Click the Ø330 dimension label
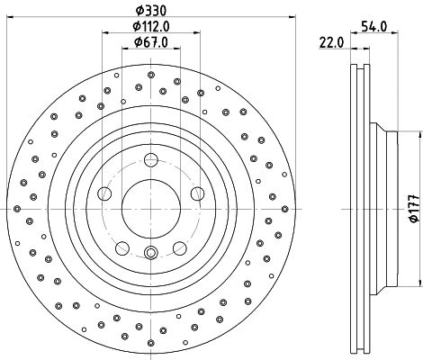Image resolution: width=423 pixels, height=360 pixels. [x=151, y=11]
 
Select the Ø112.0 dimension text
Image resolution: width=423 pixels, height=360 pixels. [x=151, y=26]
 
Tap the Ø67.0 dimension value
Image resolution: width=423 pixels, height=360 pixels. [x=151, y=42]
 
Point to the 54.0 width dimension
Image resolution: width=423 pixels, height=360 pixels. [x=373, y=27]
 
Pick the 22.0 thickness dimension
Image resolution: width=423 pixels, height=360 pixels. [x=331, y=42]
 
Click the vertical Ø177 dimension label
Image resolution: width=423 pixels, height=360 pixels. [x=415, y=209]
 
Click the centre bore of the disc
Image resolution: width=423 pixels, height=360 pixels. [x=151, y=209]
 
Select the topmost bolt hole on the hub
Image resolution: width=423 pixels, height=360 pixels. [x=151, y=159]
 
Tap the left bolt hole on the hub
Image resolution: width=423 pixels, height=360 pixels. [x=104, y=193]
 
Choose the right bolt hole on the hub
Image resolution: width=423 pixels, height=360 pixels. [x=198, y=193]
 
